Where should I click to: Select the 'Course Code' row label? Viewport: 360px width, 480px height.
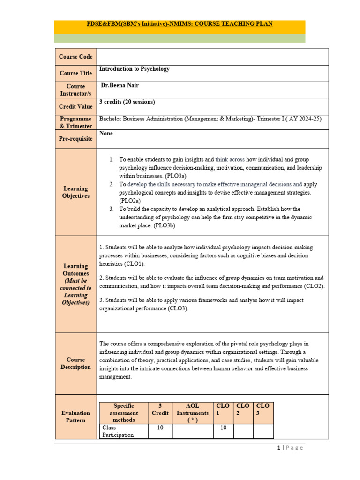click(75, 57)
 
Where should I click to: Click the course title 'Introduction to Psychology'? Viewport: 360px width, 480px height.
click(135, 69)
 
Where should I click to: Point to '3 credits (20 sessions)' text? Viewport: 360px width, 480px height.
click(127, 102)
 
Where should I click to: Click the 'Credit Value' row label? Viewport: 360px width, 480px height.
click(75, 107)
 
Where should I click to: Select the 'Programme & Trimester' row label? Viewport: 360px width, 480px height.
click(75, 123)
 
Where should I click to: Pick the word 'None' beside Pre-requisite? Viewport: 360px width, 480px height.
click(106, 134)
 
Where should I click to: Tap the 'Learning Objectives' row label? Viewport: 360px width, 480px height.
click(75, 192)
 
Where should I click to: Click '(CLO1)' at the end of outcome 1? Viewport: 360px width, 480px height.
click(133, 264)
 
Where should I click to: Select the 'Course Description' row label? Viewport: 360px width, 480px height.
click(75, 363)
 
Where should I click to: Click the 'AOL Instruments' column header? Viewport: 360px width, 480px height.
click(192, 412)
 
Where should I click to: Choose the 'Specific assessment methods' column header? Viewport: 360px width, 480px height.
click(124, 412)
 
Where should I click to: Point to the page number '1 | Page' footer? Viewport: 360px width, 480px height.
click(290, 448)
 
